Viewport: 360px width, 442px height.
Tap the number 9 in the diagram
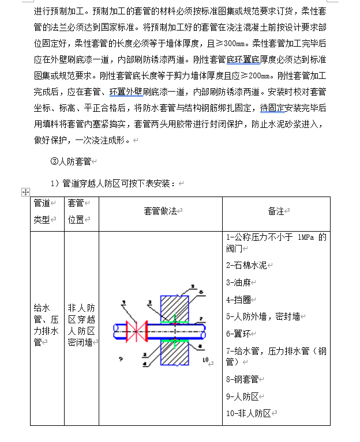coord(121,358)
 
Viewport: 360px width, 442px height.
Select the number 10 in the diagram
coord(205,360)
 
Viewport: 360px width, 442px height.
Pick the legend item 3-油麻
coord(238,282)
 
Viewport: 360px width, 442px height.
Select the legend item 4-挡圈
coord(238,300)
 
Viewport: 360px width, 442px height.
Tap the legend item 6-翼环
coord(238,333)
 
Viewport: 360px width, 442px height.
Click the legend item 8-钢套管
coord(242,379)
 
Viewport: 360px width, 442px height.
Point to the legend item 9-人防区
coord(242,396)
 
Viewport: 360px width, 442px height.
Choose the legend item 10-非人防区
coord(248,413)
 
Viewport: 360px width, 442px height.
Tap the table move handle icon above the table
coord(24,191)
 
